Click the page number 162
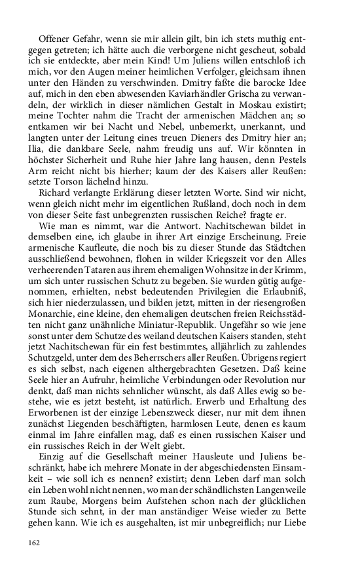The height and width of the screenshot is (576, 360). click(x=34, y=541)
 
